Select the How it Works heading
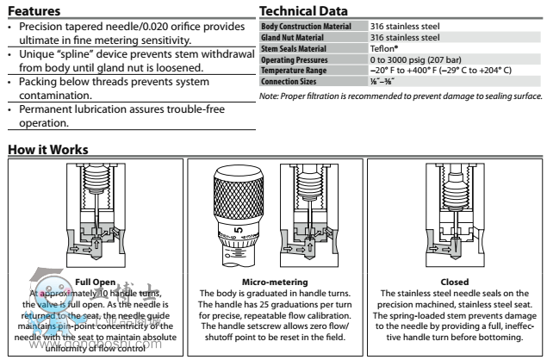[47, 151]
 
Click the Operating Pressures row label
[294, 59]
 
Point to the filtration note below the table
[401, 95]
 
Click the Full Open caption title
[93, 282]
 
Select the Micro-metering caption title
[271, 282]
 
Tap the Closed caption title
[453, 282]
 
